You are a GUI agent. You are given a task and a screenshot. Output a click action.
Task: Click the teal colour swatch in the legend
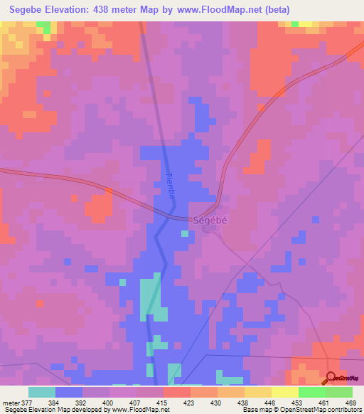(x=42, y=393)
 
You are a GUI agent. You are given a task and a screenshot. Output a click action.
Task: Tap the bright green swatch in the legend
(x=312, y=393)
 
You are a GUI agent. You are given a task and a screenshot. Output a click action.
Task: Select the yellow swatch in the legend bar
(x=285, y=393)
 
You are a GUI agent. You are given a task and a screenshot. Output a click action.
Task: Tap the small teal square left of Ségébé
(x=185, y=233)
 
